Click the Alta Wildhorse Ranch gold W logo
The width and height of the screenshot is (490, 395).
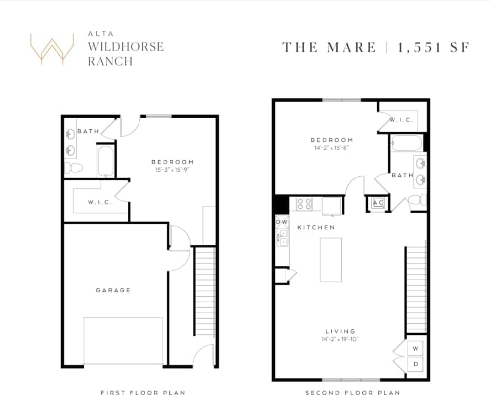tap(52, 49)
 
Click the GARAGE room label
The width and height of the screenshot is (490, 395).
tap(113, 290)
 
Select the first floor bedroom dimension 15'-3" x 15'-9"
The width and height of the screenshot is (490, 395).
tap(173, 171)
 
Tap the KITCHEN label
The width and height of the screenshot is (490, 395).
tap(316, 228)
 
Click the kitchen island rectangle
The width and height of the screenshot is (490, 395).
tap(331, 260)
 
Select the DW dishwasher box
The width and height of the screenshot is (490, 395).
tap(282, 222)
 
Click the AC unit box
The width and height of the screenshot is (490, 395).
tap(378, 203)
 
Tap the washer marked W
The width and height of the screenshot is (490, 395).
tap(416, 349)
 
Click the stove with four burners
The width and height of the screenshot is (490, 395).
tap(305, 204)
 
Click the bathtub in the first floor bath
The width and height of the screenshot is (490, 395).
tap(105, 160)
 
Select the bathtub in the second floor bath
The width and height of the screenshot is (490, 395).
tap(406, 143)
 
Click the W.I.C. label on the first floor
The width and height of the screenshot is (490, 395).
tap(100, 202)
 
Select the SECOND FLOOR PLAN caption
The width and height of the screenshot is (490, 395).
tap(352, 393)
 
